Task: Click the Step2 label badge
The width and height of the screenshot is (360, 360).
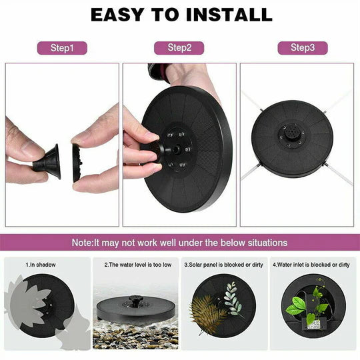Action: point(179,48)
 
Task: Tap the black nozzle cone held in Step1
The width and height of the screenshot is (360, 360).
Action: point(49,161)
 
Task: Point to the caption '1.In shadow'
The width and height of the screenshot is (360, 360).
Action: point(41,265)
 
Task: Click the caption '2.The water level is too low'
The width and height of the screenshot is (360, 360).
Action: point(137,265)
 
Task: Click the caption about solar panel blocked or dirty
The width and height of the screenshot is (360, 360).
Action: point(223,265)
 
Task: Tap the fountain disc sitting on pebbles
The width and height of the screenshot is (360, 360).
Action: point(136,310)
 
